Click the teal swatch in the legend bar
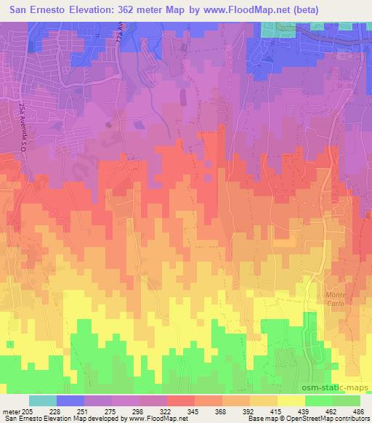pos(43,400)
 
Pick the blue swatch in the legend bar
pos(70,400)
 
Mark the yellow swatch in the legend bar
pos(291,400)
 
